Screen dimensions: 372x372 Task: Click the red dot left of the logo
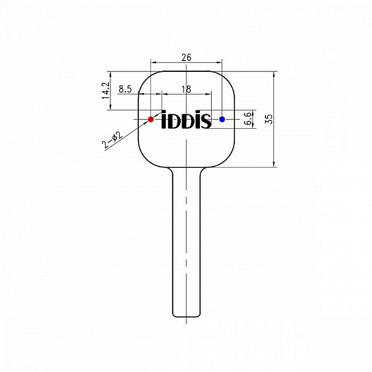[x=151, y=119]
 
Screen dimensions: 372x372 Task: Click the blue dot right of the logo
[x=222, y=119]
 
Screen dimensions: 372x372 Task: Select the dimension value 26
[x=186, y=58]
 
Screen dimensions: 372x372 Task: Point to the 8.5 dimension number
[x=125, y=89]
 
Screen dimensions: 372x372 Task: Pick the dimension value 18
[x=186, y=89]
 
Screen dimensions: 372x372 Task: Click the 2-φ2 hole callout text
[x=112, y=140]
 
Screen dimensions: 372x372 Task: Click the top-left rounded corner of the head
[x=145, y=76]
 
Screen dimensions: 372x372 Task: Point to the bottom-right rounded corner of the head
[x=230, y=160]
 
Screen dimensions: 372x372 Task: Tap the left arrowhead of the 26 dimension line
[x=151, y=64]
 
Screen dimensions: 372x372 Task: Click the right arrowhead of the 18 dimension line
[x=221, y=95]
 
